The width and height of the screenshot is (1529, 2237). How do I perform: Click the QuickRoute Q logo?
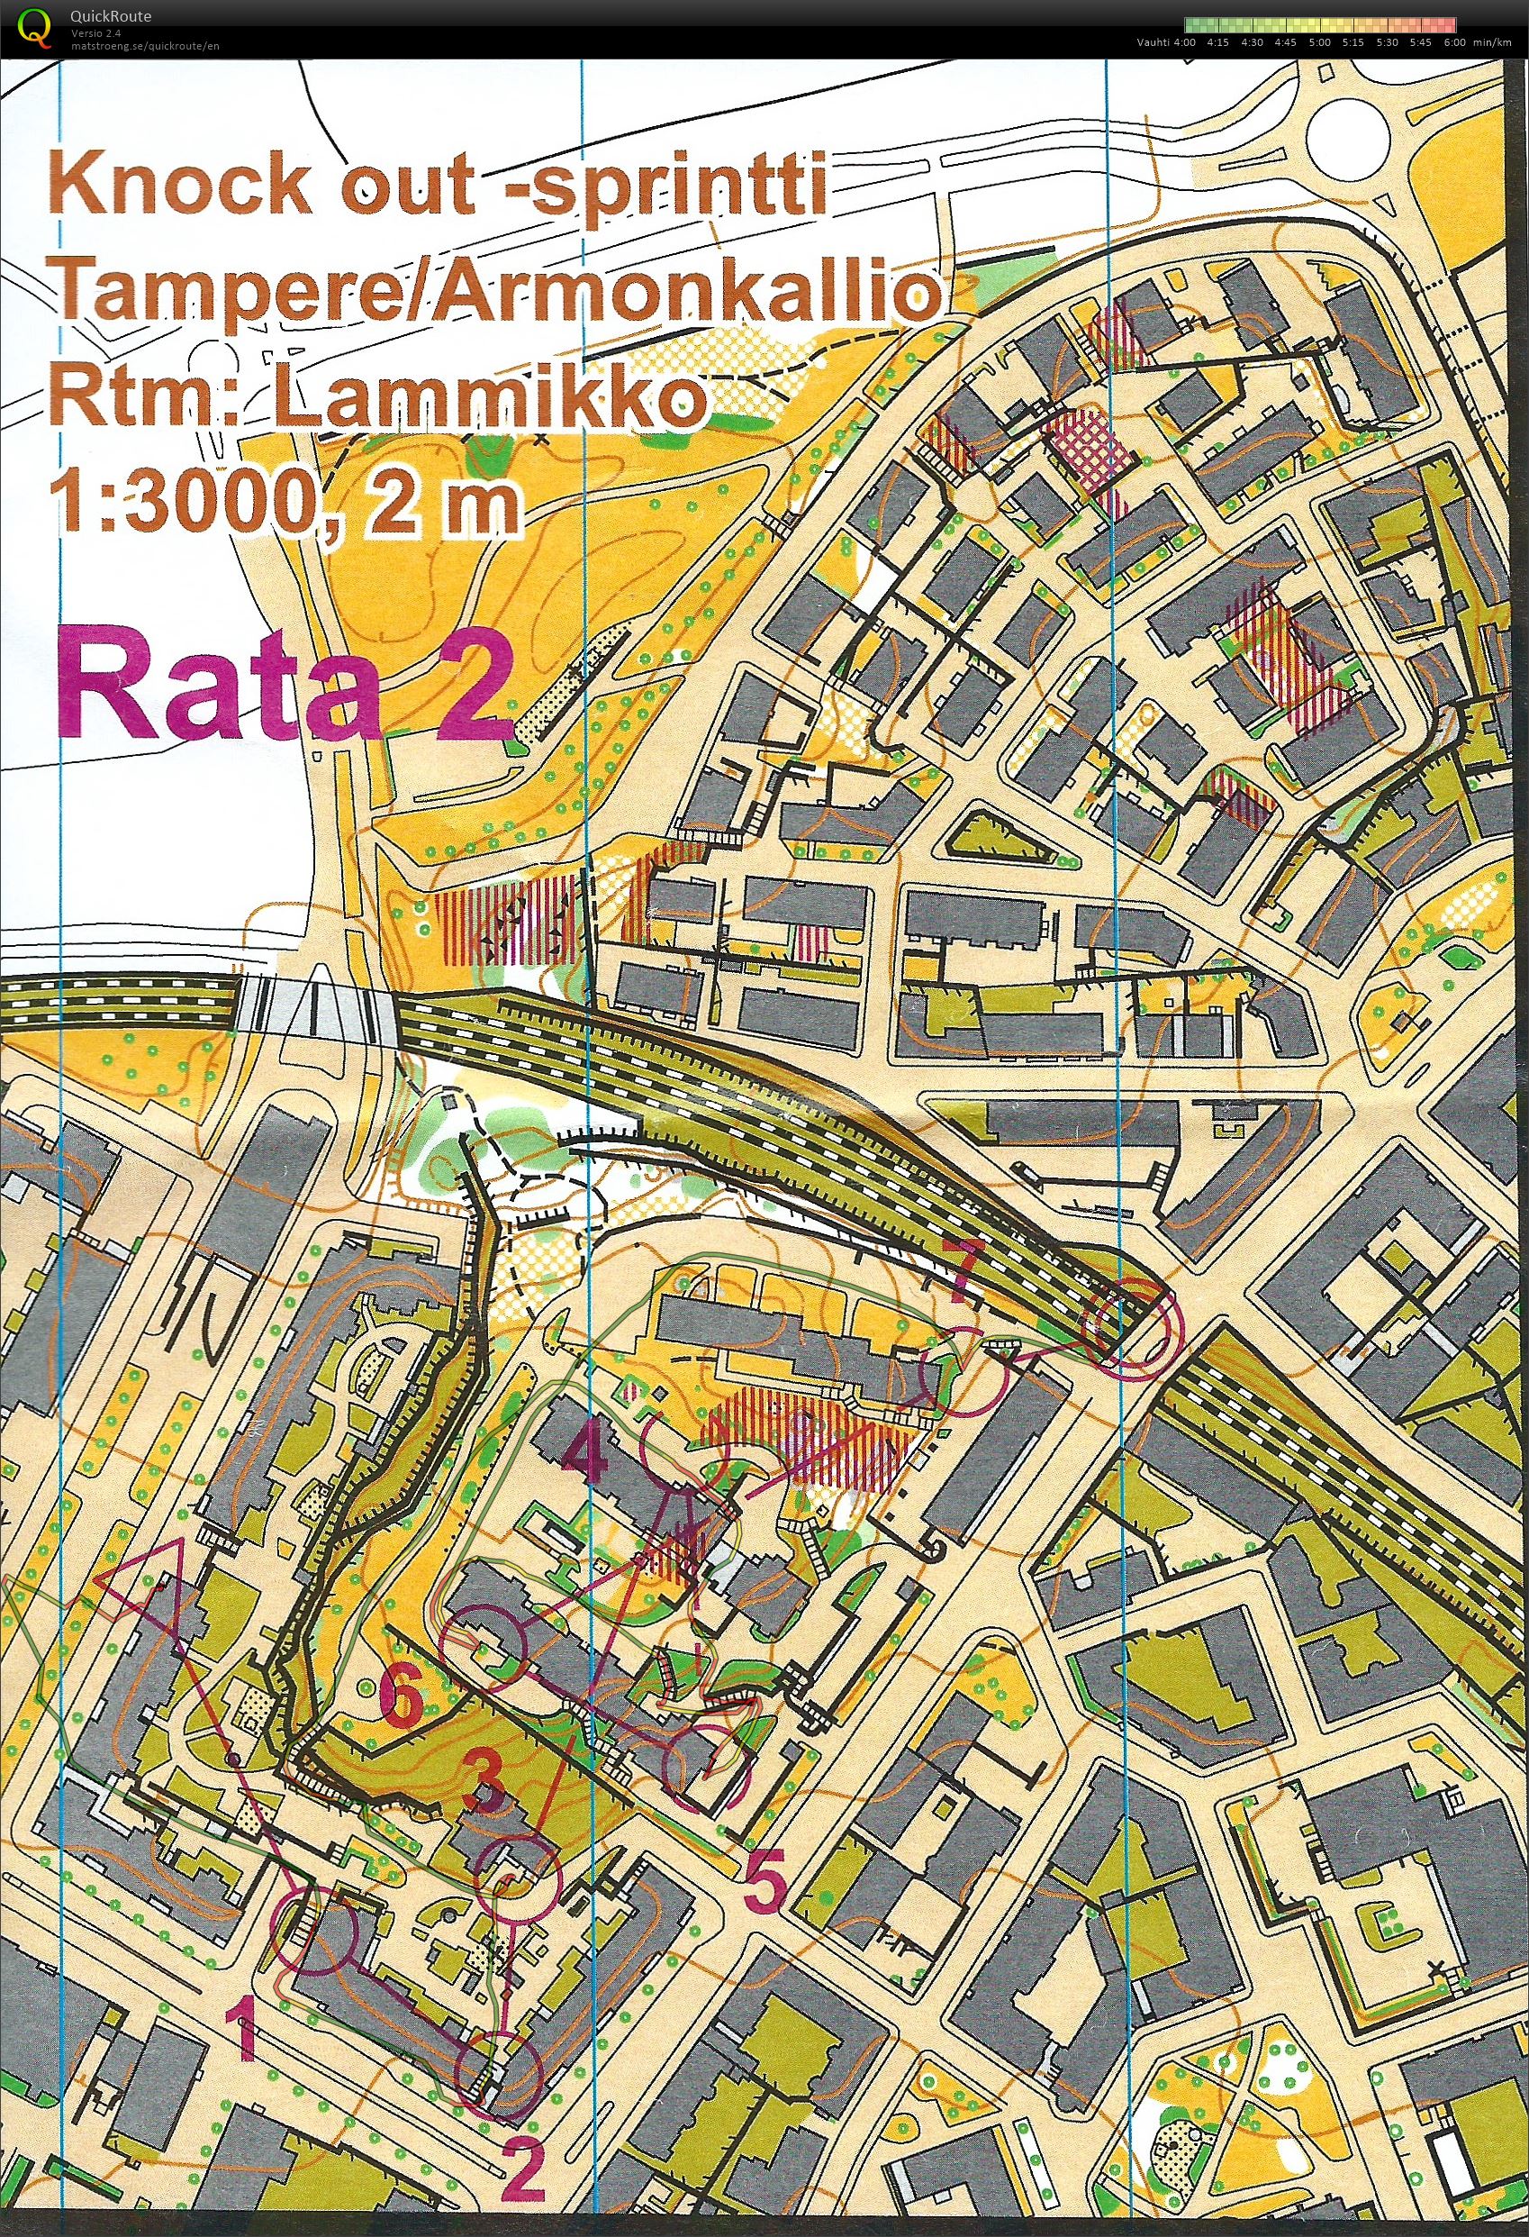[36, 26]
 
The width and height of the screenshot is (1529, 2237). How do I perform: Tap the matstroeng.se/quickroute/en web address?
[144, 45]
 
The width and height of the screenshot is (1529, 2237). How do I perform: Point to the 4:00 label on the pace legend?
[1183, 42]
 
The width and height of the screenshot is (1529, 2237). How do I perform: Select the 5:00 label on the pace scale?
[1319, 42]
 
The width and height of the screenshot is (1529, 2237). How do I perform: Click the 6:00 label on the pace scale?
[1454, 42]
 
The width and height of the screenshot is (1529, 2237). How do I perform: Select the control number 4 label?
[586, 1454]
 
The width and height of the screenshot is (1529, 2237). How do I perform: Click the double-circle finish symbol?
[1132, 1323]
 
